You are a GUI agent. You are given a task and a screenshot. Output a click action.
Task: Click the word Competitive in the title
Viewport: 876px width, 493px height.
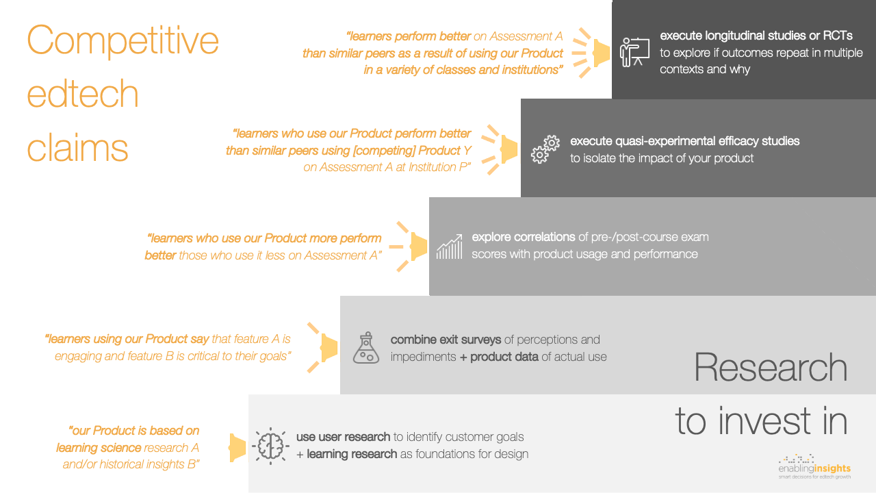(x=123, y=41)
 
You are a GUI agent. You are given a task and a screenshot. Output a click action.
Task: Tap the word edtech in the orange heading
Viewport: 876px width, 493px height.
(x=83, y=93)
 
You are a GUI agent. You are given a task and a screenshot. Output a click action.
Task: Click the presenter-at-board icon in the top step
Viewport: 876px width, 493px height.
(x=634, y=52)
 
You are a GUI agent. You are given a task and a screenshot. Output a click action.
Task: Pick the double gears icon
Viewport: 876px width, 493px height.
(x=545, y=149)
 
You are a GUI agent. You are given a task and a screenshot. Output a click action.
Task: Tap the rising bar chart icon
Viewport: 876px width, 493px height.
(x=450, y=246)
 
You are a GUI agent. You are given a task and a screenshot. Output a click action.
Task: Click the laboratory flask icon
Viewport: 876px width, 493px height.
(x=366, y=348)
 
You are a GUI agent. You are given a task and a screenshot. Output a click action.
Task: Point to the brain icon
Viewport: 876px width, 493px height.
(x=270, y=446)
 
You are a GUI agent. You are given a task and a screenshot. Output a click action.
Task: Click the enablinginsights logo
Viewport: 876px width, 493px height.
(x=814, y=467)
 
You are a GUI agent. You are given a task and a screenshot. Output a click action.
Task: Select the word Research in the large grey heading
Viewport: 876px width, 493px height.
(x=771, y=368)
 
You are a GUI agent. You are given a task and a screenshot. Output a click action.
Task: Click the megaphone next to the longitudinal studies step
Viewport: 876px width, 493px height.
(x=591, y=53)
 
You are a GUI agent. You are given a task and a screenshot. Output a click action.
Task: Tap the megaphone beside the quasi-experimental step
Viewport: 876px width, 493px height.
(x=500, y=149)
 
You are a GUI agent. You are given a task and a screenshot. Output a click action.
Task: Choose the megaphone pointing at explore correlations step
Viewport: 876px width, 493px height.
(x=409, y=246)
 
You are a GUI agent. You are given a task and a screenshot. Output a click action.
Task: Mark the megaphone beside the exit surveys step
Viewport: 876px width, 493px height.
(x=322, y=347)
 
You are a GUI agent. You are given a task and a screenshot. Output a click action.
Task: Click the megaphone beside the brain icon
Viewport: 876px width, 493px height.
(x=237, y=448)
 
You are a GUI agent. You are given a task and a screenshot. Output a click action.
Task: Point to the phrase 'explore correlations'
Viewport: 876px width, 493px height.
(x=524, y=237)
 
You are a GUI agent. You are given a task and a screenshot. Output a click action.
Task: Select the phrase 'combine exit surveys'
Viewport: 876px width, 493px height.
(x=446, y=340)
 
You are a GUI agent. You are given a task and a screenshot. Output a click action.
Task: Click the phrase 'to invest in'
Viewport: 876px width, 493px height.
(x=761, y=421)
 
